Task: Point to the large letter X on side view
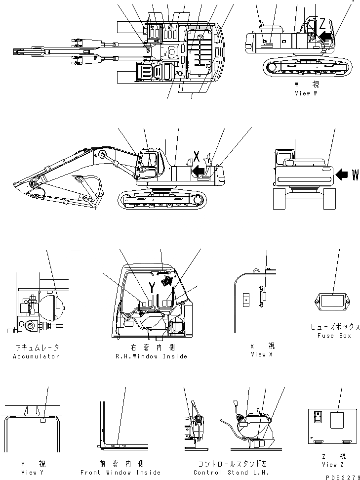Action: [197, 157]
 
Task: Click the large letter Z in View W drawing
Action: [322, 23]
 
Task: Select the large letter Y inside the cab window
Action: [153, 287]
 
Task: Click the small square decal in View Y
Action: [43, 421]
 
